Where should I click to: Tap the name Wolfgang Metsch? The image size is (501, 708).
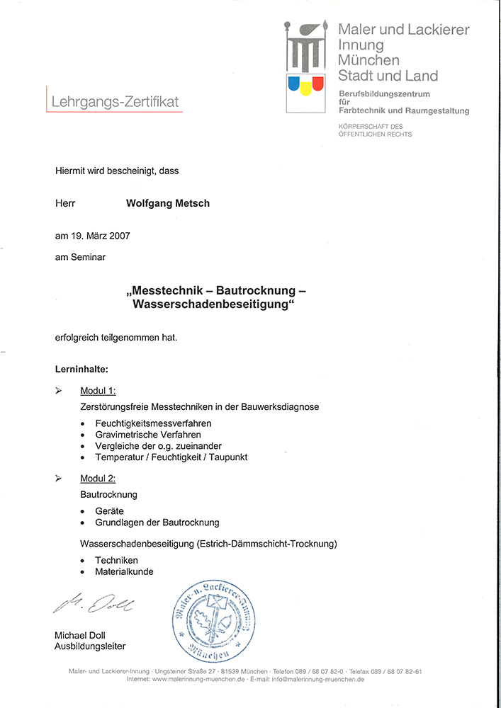(168, 203)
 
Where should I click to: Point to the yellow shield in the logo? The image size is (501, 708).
(305, 87)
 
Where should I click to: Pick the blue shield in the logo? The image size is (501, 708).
(292, 84)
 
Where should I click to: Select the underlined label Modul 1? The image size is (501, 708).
(98, 391)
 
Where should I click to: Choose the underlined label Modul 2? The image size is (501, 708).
(98, 479)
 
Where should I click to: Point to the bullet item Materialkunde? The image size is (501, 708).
(124, 571)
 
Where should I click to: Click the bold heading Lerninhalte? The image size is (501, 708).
(81, 369)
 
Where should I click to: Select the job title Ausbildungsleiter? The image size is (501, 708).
(90, 646)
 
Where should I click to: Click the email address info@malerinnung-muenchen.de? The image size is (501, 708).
(316, 680)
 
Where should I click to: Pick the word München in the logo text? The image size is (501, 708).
(368, 60)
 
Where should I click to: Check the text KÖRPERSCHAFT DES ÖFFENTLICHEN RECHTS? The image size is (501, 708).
(375, 130)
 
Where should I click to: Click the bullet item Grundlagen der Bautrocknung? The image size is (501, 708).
(157, 523)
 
